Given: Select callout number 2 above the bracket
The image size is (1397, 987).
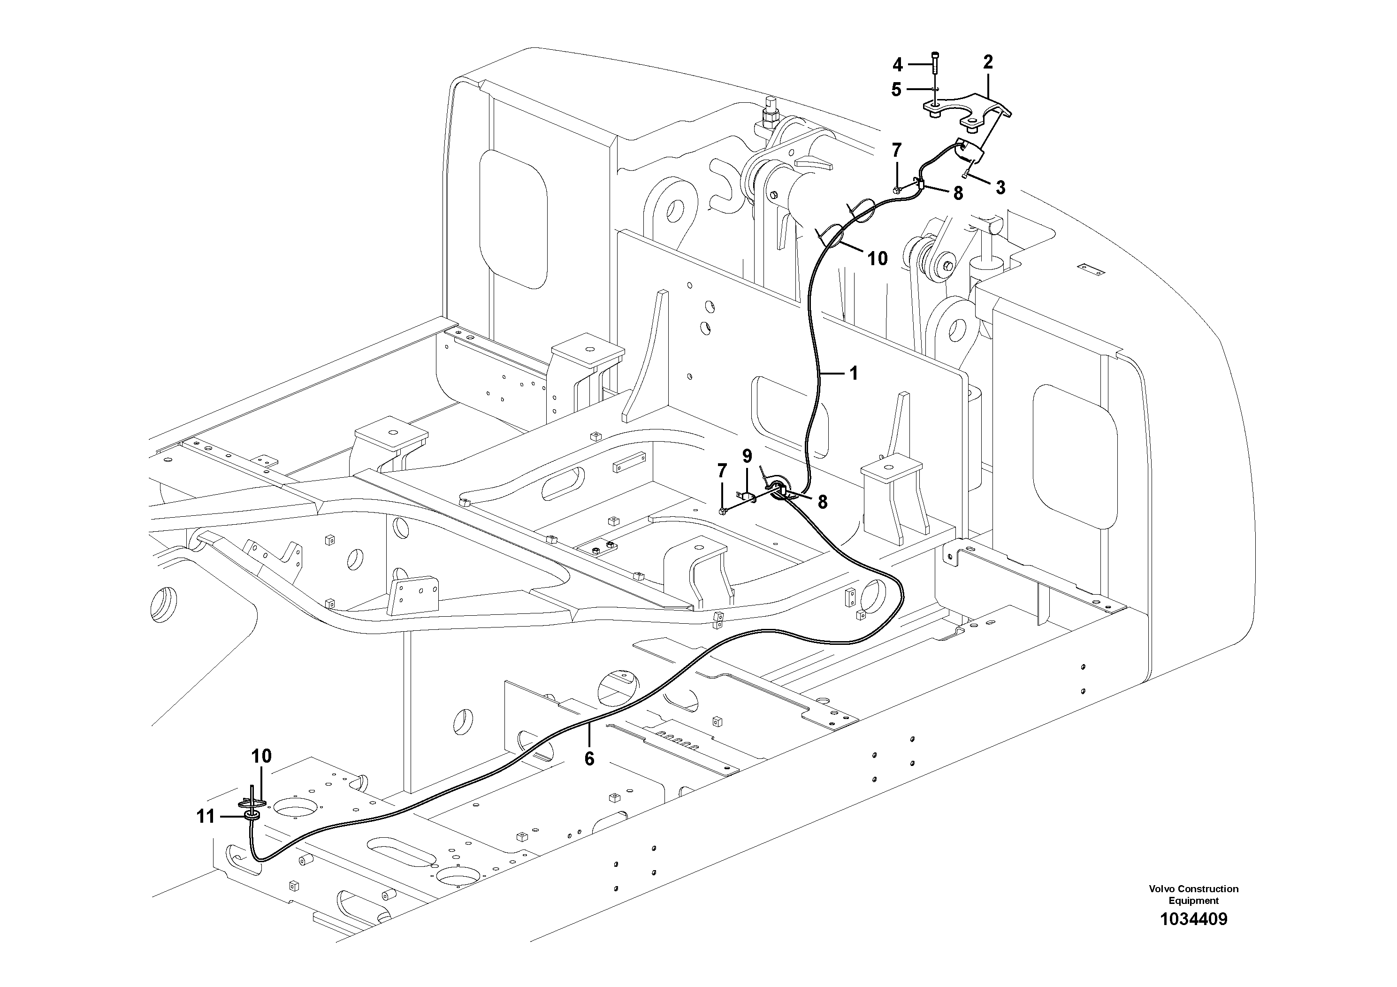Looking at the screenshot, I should click(987, 61).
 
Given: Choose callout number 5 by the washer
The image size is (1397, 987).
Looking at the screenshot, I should click(896, 90).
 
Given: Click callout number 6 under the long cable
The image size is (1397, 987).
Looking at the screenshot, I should click(589, 758).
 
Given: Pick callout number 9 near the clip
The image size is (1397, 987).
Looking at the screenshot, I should click(747, 456).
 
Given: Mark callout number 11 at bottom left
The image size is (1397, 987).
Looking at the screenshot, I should click(206, 817).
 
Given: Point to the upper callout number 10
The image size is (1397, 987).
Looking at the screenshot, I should click(878, 259).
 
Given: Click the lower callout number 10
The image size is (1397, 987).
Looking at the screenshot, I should click(262, 757).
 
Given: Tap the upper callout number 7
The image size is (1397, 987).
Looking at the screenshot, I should click(897, 150).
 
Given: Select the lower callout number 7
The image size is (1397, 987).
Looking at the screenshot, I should click(722, 470).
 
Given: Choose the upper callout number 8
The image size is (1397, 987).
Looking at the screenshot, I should click(958, 193).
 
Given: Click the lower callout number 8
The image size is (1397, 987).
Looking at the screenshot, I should click(822, 501).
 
